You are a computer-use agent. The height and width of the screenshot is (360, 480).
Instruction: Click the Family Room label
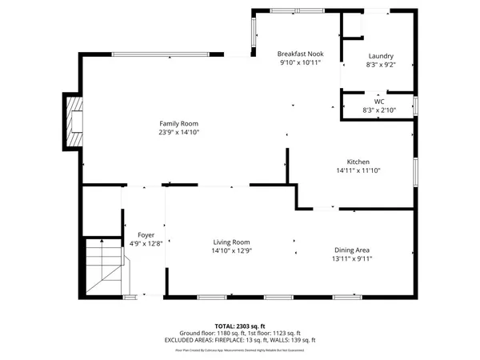(178, 123)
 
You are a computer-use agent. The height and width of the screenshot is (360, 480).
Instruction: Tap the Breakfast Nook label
(300, 54)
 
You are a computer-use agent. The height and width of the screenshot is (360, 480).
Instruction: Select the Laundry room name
(379, 56)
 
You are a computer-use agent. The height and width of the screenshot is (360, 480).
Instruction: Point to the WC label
(379, 102)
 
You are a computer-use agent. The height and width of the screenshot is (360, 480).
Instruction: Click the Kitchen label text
(357, 162)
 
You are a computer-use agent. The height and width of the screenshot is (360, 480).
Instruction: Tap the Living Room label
(231, 242)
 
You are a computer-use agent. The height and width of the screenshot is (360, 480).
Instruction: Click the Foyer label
(146, 235)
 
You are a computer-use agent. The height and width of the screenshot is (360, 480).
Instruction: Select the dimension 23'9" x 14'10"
(178, 132)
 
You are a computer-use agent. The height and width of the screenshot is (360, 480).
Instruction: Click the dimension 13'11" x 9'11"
(352, 258)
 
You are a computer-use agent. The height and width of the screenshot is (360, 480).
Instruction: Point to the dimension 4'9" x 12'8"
(146, 243)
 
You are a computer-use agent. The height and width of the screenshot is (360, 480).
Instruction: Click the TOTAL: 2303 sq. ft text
(240, 326)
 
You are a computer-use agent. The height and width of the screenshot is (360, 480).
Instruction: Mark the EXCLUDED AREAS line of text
(240, 340)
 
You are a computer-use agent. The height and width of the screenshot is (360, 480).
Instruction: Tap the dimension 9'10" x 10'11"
(300, 62)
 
